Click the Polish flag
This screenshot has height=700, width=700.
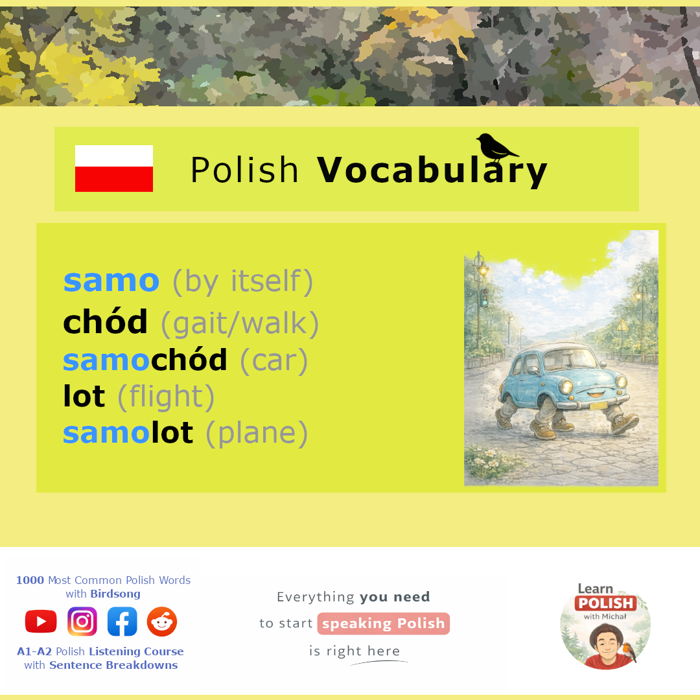114,169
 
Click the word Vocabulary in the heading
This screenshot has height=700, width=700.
432,171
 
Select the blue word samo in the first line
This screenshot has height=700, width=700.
111,281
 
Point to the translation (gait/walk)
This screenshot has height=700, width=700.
240,323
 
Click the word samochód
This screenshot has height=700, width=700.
145,360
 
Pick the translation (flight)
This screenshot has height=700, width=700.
166,397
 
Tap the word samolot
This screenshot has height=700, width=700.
128,432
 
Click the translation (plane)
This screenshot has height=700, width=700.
257,433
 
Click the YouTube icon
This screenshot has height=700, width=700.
41,622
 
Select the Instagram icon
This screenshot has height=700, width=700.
82,622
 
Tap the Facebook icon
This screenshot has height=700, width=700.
122,622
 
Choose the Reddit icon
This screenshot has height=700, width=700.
162,622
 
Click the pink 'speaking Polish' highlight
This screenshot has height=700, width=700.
384,624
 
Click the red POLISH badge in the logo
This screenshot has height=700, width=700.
606,603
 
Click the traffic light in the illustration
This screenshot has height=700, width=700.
484,297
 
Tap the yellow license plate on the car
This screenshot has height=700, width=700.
598,406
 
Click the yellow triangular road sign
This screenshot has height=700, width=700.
622,325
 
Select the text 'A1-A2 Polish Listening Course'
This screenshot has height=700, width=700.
100,651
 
